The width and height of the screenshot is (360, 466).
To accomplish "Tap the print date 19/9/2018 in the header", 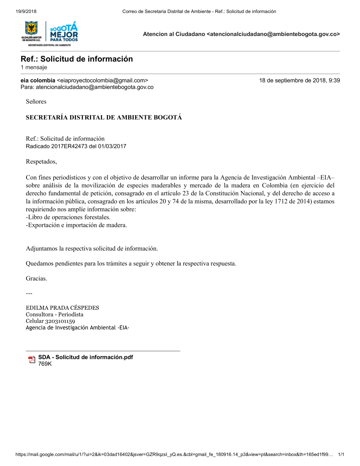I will point(26,12).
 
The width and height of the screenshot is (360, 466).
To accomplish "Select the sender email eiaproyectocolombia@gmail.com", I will point(103,81).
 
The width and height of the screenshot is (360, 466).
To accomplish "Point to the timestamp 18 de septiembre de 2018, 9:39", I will point(300,81).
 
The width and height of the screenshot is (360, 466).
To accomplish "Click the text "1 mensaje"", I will point(34,67).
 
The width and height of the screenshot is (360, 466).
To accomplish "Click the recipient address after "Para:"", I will point(95,87).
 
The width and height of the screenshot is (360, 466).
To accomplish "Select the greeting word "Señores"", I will point(36,102).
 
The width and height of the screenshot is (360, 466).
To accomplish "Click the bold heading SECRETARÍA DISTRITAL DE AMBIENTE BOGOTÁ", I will point(104,117).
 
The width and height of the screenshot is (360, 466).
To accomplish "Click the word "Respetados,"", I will point(41,162).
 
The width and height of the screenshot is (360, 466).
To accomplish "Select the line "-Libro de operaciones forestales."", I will point(68,217).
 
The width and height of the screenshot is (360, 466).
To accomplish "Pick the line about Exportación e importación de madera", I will point(76,225).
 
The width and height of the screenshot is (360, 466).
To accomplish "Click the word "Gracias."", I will point(36,278).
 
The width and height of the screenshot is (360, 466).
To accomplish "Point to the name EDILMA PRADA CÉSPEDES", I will point(62,308).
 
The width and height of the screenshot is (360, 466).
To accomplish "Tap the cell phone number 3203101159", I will point(60,321).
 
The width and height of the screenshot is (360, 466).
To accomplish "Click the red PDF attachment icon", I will point(32,359).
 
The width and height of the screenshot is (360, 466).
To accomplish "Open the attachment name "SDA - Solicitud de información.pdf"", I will point(86,357).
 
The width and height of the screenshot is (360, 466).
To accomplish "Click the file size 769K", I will point(45,364).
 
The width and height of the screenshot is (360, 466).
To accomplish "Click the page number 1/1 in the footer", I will point(341,454).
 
